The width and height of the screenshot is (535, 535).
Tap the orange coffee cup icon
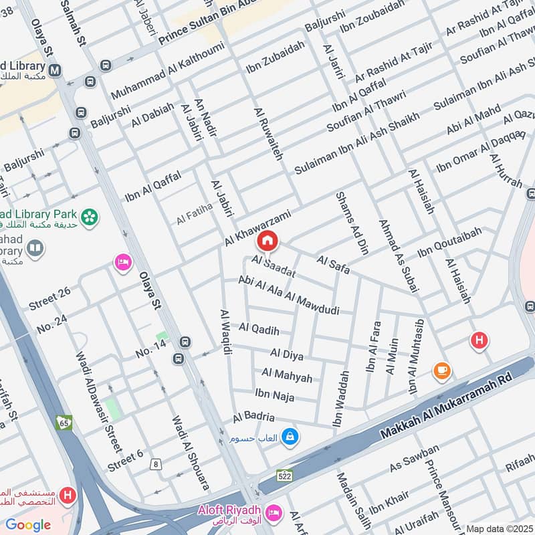441,370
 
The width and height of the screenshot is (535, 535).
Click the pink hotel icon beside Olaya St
122,261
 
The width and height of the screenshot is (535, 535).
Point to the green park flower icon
89,217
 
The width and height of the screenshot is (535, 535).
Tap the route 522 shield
284,475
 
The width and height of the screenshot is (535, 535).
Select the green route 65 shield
64,423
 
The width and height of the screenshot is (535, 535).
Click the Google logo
28,525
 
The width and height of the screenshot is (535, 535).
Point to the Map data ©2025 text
498,528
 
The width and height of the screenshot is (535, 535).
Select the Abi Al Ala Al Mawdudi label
289,296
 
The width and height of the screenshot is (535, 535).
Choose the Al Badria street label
253,417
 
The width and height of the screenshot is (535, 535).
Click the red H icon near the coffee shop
478,340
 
